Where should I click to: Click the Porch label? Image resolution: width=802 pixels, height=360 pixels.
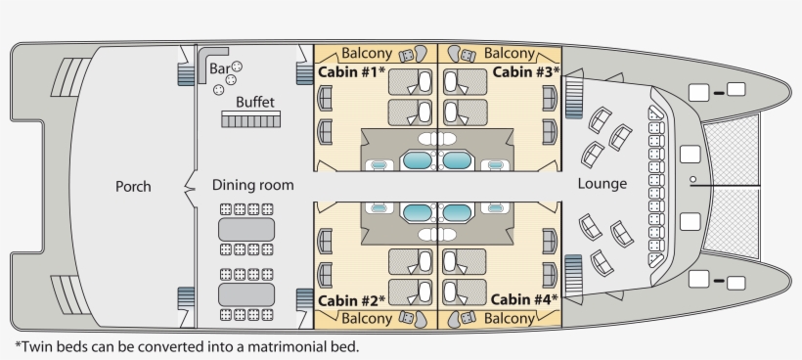click(x=133, y=186)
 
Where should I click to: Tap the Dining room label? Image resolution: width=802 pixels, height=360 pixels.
click(x=252, y=184)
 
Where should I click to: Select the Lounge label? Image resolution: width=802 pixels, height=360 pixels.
click(x=602, y=184)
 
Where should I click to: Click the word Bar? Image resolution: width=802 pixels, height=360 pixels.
click(x=218, y=67)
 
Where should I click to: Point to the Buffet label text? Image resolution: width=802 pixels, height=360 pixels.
click(x=254, y=101)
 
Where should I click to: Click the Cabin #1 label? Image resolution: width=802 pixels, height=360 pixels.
click(x=351, y=72)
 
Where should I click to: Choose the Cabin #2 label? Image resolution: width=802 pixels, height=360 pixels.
click(x=351, y=299)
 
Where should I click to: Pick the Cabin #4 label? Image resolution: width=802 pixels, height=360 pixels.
click(x=524, y=299)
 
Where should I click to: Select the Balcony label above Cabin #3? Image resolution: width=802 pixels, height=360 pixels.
click(x=510, y=53)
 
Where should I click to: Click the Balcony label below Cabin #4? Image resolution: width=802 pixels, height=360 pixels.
click(x=510, y=319)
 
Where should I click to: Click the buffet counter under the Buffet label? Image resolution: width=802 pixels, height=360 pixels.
click(x=251, y=119)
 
